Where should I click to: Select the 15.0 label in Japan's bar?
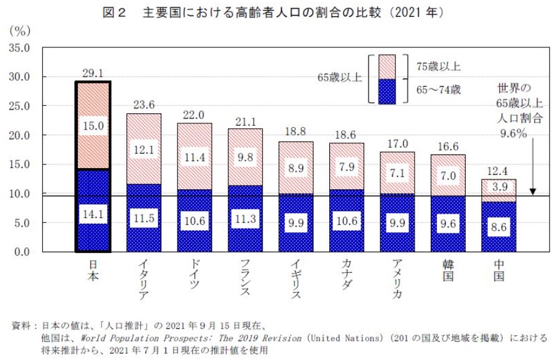click(92, 126)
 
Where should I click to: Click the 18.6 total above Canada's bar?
click(347, 135)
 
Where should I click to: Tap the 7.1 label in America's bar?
click(397, 172)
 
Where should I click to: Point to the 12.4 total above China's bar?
click(499, 171)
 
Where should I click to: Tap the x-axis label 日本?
click(92, 272)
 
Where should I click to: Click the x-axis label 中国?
click(499, 272)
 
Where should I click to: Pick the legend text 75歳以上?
click(439, 66)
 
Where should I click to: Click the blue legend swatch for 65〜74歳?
click(387, 91)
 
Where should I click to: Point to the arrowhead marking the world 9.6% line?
click(533, 192)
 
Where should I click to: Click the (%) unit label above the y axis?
click(20, 30)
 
